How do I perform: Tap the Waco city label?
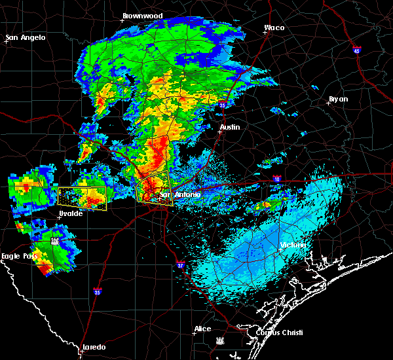tap(274, 28)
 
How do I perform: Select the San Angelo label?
tap(26, 37)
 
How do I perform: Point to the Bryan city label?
tap(338, 99)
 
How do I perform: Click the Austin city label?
tap(230, 127)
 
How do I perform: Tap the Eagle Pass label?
tap(19, 256)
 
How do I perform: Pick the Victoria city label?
tap(292, 245)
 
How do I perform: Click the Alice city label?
tap(203, 329)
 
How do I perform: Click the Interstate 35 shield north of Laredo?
tap(98, 292)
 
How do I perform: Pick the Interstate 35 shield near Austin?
tap(223, 105)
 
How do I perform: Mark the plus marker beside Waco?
tap(265, 33)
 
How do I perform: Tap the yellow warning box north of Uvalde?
tap(82, 198)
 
